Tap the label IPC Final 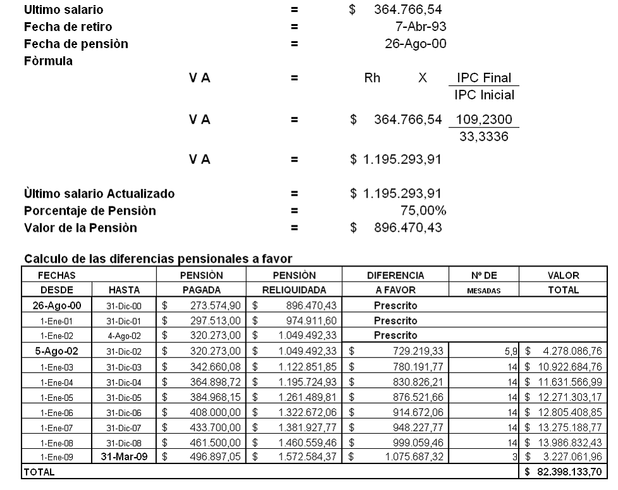coord(483,79)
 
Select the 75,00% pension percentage coord(416,210)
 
